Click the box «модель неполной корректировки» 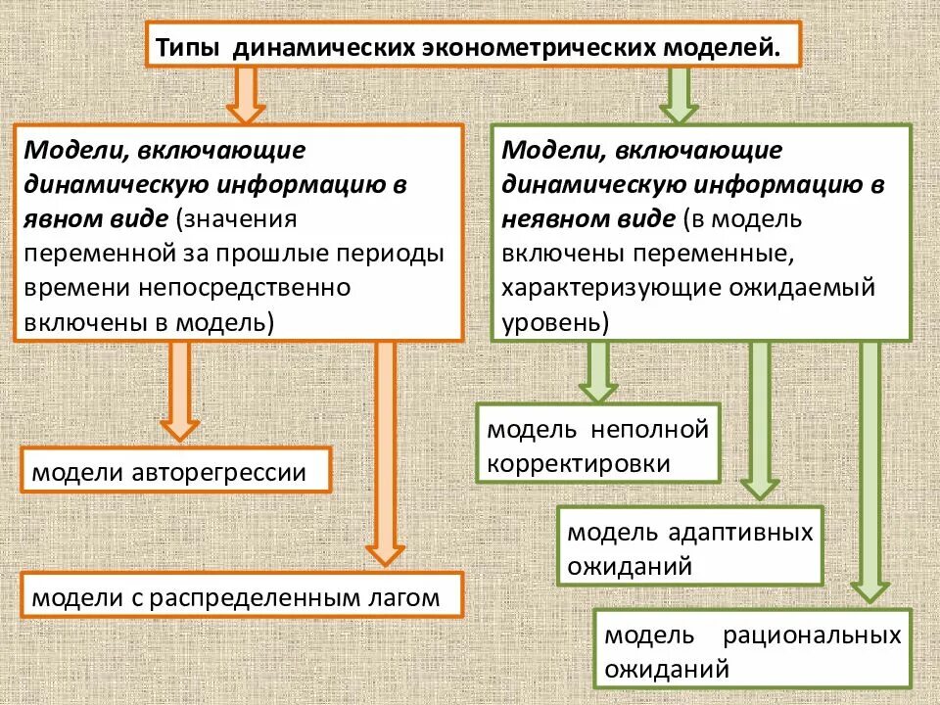point(597,446)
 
